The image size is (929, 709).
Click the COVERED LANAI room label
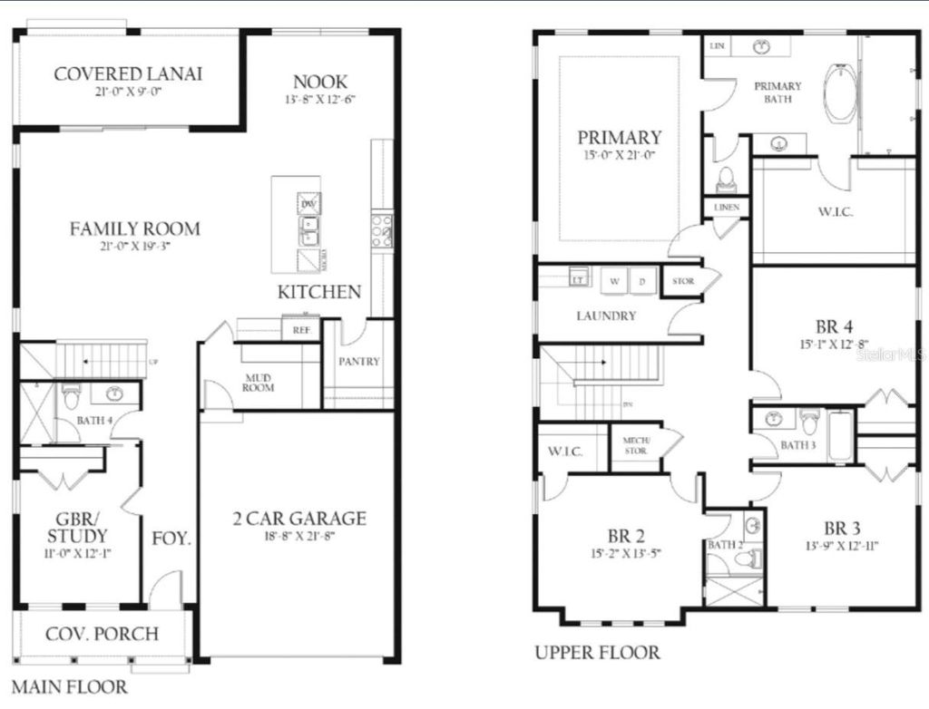128,73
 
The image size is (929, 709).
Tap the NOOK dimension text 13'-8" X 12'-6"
320,101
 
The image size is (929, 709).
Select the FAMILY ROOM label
135,228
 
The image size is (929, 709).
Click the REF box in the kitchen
301,331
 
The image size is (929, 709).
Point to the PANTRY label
359,361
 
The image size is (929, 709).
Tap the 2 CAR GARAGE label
299,519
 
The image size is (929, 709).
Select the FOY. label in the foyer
171,538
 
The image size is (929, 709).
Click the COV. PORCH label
102,633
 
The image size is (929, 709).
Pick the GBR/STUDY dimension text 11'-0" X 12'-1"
77,552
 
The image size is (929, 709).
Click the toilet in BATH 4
73,396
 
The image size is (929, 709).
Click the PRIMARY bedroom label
620,138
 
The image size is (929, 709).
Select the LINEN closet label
727,208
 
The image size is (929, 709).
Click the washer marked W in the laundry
614,281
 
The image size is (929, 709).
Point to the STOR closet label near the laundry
684,281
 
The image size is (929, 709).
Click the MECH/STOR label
635,445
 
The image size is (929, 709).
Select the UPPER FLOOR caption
597,652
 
